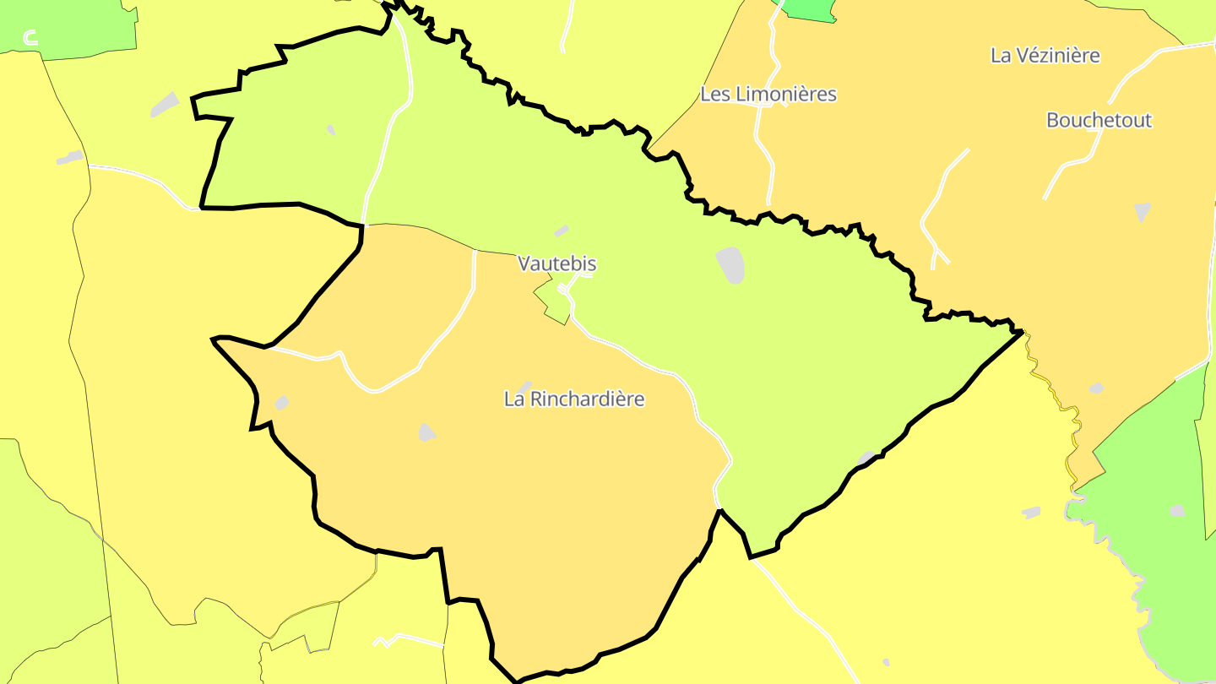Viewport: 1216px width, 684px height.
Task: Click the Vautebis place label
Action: (557, 263)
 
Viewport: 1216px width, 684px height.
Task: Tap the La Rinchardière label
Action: (574, 399)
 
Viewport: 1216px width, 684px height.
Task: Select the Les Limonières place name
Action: (768, 94)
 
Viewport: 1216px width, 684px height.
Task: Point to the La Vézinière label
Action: (1045, 56)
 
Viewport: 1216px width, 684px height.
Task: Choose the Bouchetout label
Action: (1099, 120)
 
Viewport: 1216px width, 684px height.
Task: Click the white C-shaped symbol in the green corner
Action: (31, 37)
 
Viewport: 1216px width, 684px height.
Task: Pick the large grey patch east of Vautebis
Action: (731, 265)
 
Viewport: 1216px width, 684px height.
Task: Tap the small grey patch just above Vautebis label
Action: (562, 231)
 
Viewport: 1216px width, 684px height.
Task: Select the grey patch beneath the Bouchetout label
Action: (1143, 210)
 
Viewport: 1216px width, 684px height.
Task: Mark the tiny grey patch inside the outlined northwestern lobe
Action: (331, 129)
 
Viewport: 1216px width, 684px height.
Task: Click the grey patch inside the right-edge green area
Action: (1177, 510)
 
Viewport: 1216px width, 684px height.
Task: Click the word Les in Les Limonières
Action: (717, 94)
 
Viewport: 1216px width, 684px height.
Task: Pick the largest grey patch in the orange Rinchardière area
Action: (427, 432)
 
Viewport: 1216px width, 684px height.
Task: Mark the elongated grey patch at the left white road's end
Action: (70, 157)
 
